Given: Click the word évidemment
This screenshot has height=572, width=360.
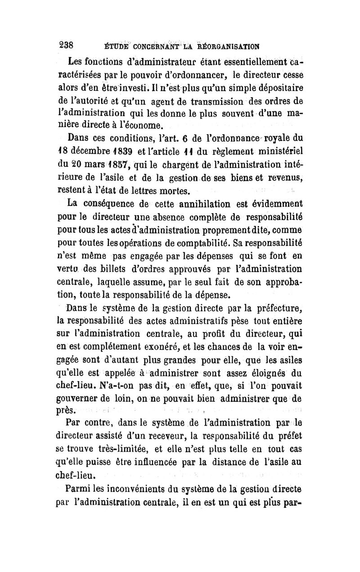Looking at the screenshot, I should (x=275, y=227).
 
